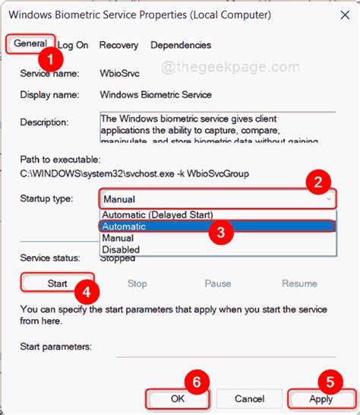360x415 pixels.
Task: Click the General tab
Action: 30,45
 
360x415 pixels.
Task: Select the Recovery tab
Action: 118,46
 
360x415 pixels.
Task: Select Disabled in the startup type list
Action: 122,249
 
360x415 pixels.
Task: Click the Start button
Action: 58,284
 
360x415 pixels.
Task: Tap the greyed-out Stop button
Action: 137,284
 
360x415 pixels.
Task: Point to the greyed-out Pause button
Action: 217,284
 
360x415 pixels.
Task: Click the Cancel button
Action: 249,398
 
